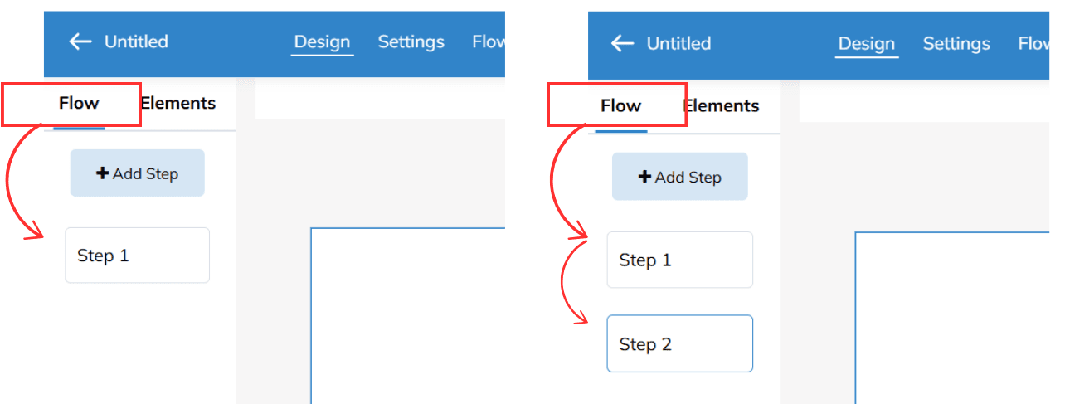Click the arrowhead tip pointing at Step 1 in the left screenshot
click(x=43, y=236)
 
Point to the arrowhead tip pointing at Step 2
click(x=587, y=322)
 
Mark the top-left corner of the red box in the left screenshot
click(x=2, y=84)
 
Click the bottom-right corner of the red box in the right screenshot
click(x=686, y=125)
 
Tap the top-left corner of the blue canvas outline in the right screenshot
click(x=855, y=232)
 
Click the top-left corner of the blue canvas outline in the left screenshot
click(x=311, y=229)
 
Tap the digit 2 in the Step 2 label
click(x=667, y=344)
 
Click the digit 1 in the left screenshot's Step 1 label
click(x=124, y=256)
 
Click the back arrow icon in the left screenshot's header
click(x=80, y=41)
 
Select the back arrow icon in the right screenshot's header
click(x=622, y=44)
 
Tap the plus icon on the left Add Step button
click(x=102, y=173)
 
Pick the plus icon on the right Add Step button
click(x=644, y=177)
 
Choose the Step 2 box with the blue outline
click(x=680, y=343)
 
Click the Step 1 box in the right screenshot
click(x=680, y=260)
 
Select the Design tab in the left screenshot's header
click(x=323, y=41)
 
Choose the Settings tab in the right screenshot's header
click(x=956, y=44)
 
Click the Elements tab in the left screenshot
click(x=178, y=103)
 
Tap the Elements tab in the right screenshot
click(x=721, y=105)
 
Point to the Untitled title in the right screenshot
click(x=679, y=44)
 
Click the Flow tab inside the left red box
click(x=79, y=103)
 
